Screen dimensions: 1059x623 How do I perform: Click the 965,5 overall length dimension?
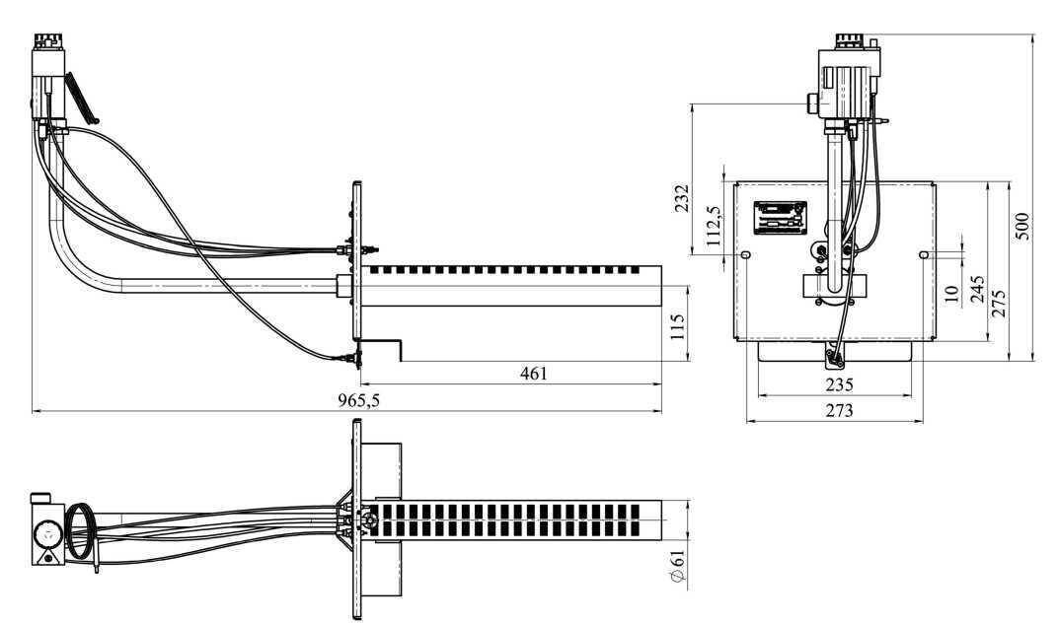(x=358, y=400)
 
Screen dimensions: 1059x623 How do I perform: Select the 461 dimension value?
(x=534, y=373)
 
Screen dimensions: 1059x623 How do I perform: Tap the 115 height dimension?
(x=678, y=326)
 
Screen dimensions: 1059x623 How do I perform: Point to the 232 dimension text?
(x=681, y=198)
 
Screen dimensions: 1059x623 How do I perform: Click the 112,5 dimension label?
(x=715, y=227)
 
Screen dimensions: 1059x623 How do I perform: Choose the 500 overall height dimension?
(x=1022, y=226)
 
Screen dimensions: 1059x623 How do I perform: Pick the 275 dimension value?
(x=999, y=304)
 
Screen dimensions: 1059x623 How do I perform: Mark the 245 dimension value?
(x=977, y=289)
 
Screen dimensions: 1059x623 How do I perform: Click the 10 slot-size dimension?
(x=951, y=294)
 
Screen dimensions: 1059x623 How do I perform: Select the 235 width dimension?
(x=839, y=384)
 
